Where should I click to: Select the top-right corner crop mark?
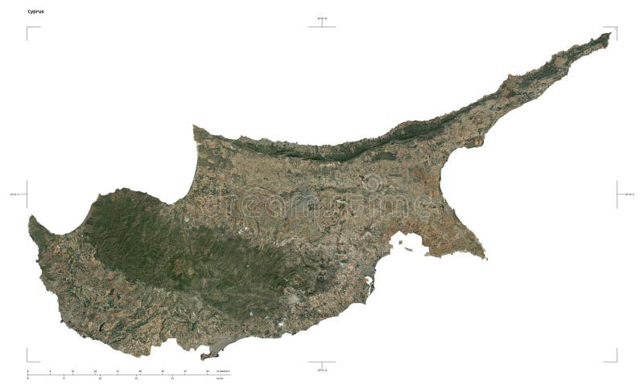coord(616,28)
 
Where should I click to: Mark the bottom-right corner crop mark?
coord(616,360)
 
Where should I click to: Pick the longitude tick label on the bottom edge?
coord(322,372)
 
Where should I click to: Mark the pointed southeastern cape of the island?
coord(485,258)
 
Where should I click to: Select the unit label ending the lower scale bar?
coord(219,378)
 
